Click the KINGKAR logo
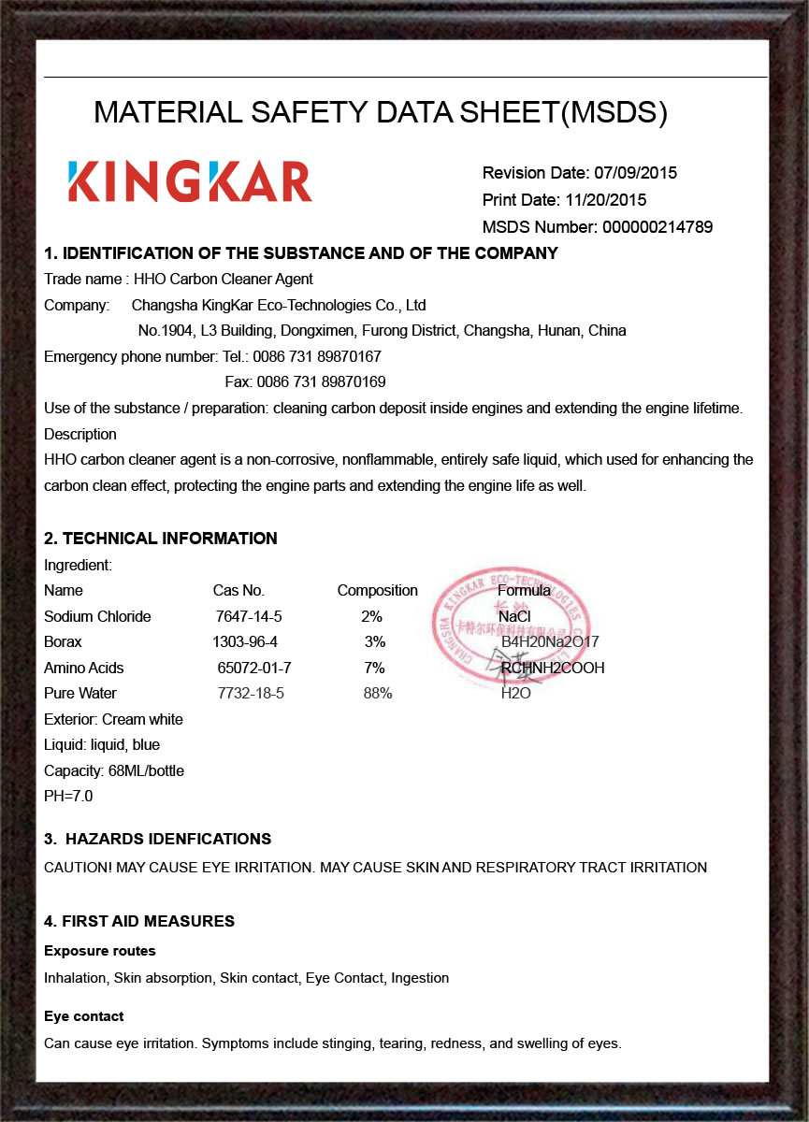click(x=190, y=181)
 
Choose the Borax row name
click(x=63, y=642)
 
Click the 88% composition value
click(x=378, y=694)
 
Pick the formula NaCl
click(x=514, y=617)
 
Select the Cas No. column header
click(x=238, y=591)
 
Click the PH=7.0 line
click(x=68, y=797)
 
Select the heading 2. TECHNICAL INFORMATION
click(x=161, y=539)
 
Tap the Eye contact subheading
click(x=84, y=1016)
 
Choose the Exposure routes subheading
click(x=100, y=951)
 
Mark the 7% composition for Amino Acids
click(x=374, y=669)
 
